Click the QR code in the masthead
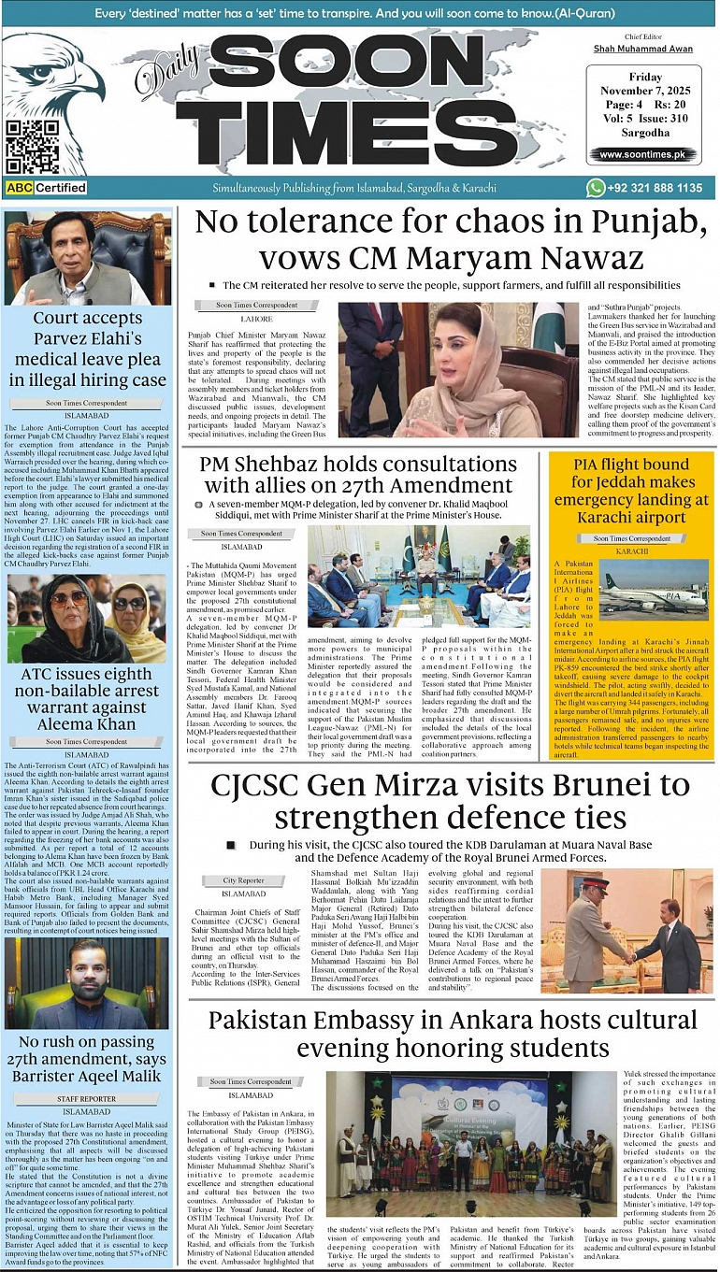click(x=25, y=147)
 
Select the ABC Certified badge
click(x=46, y=188)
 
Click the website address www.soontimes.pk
click(x=641, y=154)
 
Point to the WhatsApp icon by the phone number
click(x=596, y=188)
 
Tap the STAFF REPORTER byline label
click(x=86, y=1099)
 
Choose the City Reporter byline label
click(x=243, y=880)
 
